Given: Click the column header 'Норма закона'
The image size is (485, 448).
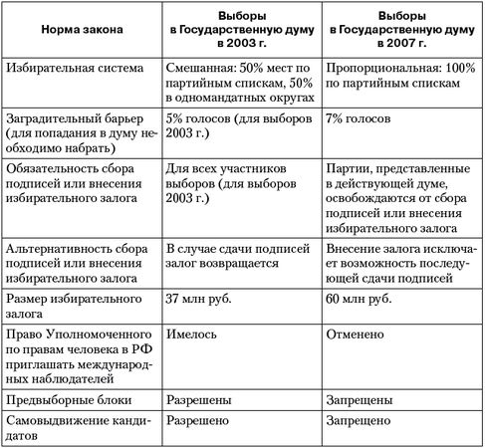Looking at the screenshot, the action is tap(83, 31).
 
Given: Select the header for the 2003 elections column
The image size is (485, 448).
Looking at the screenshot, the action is tap(242, 31).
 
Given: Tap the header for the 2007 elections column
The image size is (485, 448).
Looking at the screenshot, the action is tap(401, 31).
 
